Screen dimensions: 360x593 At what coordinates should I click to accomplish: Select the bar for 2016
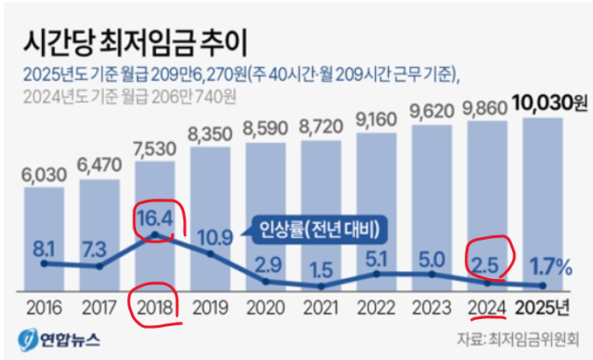(x=43, y=235)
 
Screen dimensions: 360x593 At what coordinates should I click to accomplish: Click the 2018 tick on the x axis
(x=154, y=307)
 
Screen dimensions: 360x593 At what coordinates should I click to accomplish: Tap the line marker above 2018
(x=154, y=234)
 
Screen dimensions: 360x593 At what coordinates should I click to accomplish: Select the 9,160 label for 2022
(x=377, y=119)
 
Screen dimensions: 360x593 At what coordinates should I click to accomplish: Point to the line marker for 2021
(x=322, y=286)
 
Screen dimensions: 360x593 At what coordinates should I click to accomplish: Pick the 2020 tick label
(x=266, y=307)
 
